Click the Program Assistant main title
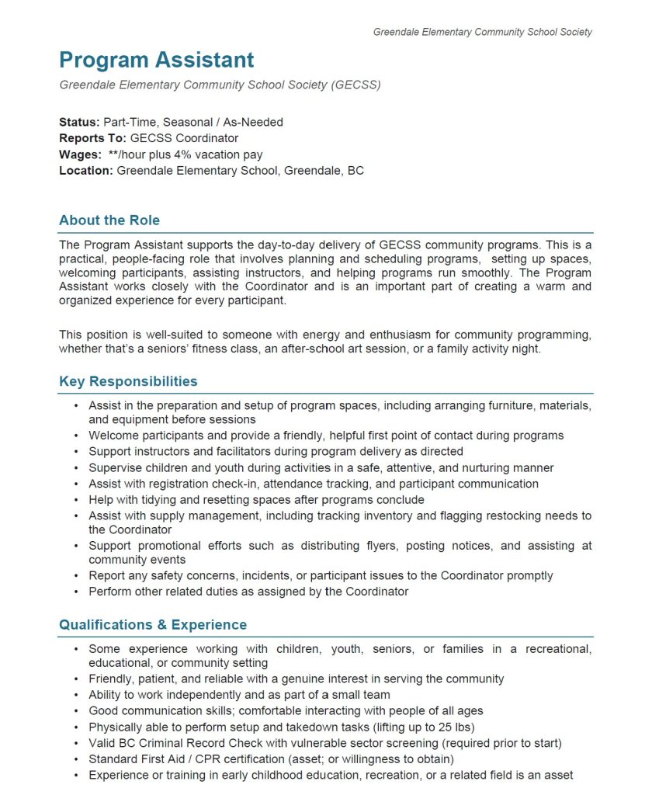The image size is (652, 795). click(x=156, y=60)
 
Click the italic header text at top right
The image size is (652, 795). click(x=482, y=32)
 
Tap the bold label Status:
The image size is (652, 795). click(x=79, y=122)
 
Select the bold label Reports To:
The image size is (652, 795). click(x=92, y=138)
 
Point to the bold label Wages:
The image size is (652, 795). click(x=81, y=154)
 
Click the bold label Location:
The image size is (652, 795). click(x=86, y=171)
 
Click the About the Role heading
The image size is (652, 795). click(x=109, y=220)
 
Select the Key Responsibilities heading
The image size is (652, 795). click(x=128, y=381)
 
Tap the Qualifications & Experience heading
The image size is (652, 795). click(x=153, y=625)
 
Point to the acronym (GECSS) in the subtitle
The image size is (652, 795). click(x=355, y=85)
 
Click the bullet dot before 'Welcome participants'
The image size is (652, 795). click(x=75, y=436)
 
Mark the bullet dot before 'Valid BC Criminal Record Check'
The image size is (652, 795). click(x=75, y=743)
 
